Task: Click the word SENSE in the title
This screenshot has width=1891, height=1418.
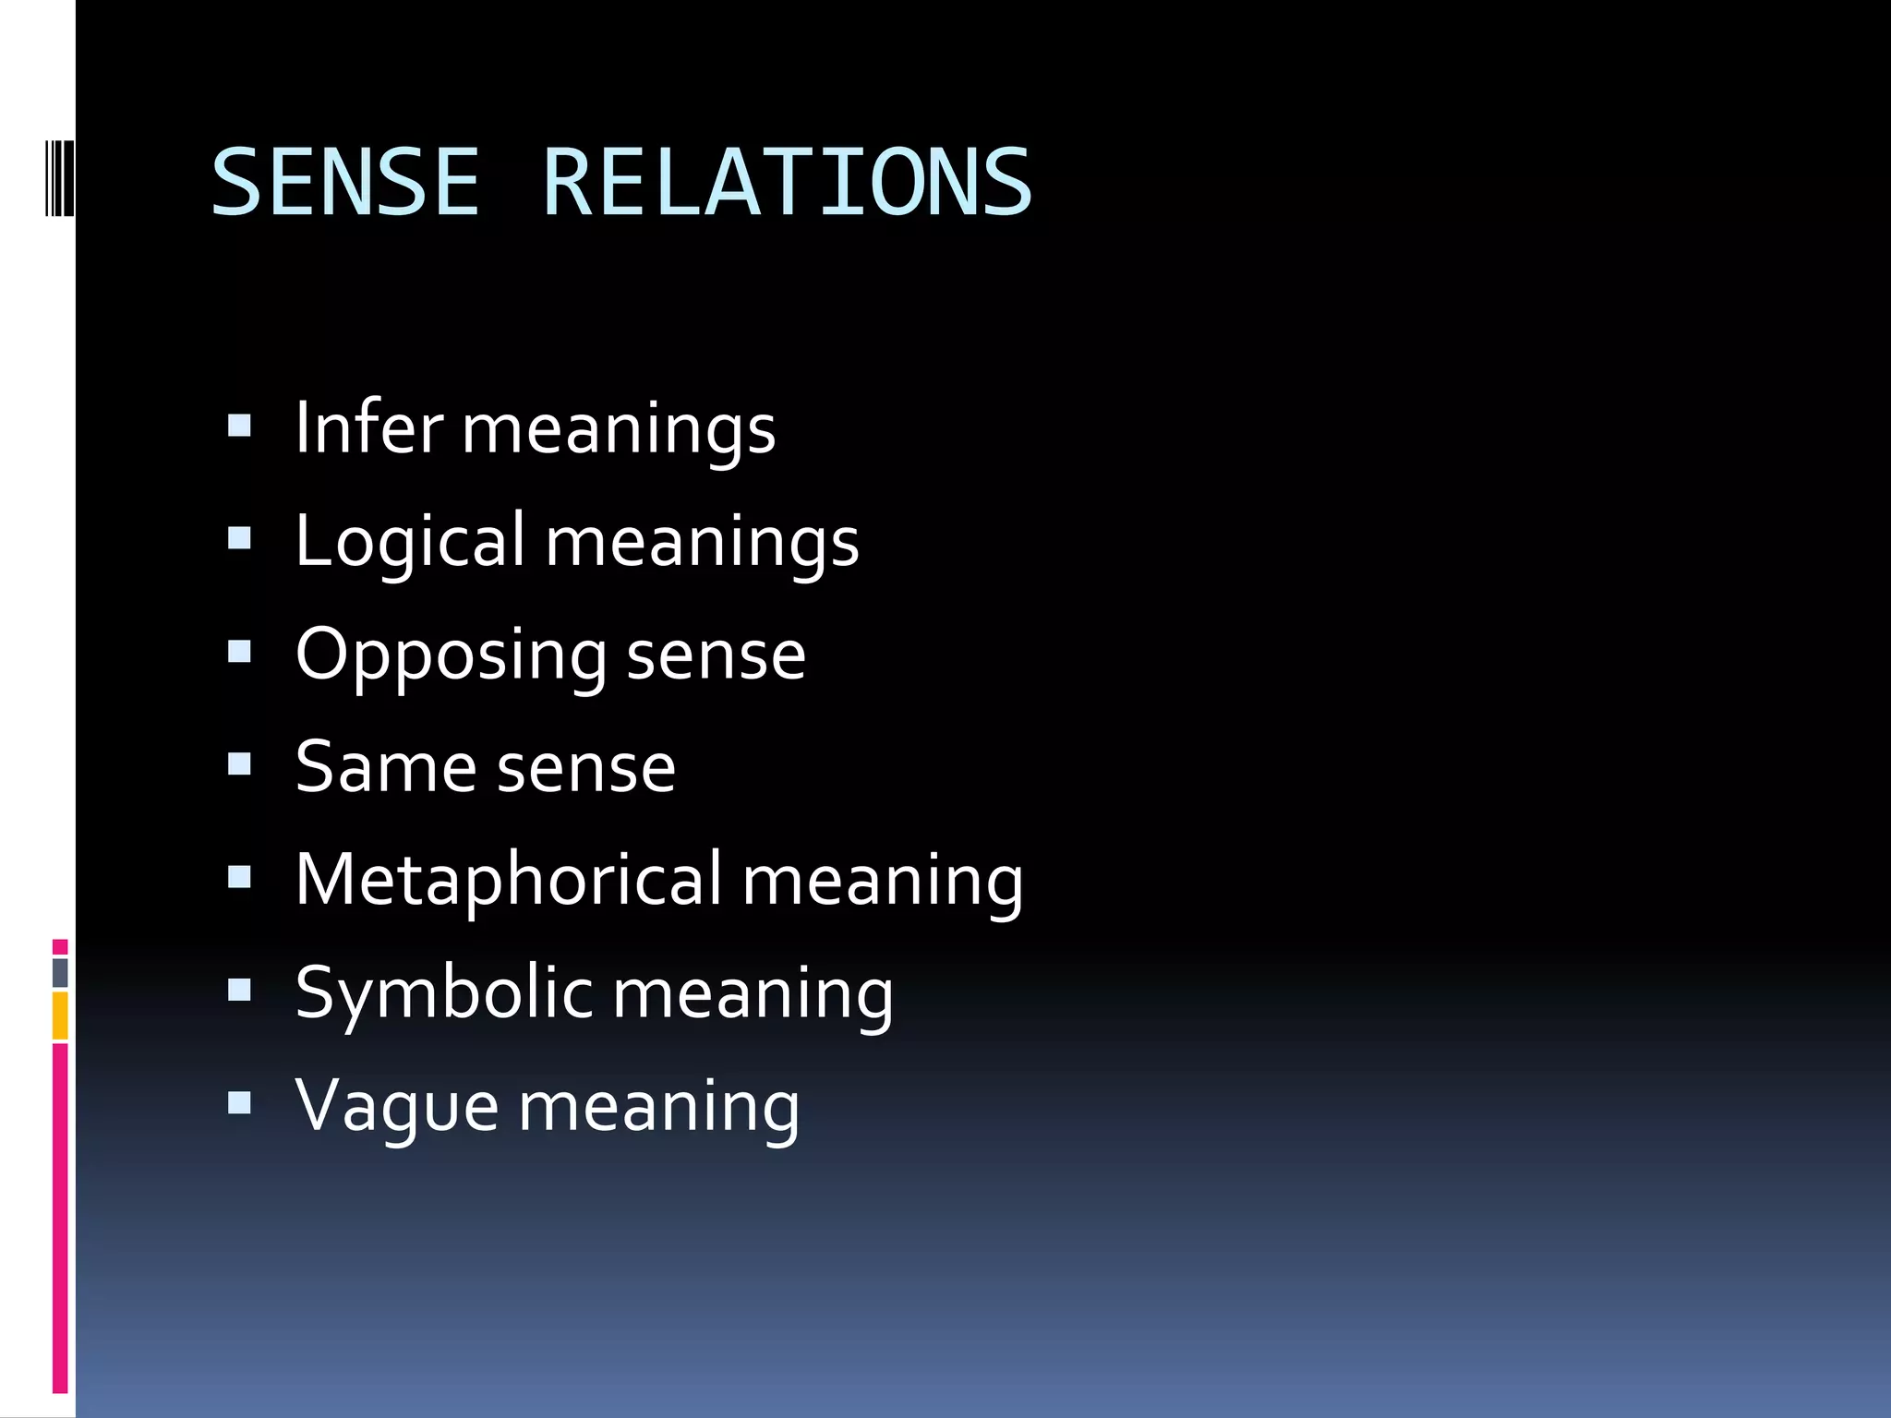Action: pos(345,183)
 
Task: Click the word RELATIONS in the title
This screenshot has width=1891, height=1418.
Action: pos(787,183)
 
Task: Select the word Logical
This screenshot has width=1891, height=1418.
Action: pos(410,542)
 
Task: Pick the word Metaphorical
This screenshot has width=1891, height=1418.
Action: pos(508,879)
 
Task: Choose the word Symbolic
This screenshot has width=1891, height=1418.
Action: pos(443,993)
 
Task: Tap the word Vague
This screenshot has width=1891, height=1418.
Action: pos(397,1106)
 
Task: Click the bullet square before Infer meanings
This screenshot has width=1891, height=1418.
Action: pos(239,426)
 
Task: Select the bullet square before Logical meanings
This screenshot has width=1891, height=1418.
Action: pos(239,538)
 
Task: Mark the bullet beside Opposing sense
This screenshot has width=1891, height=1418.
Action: pos(239,652)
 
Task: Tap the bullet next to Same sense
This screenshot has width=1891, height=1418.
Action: pos(239,764)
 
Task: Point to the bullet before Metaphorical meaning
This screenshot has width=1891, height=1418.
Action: pos(239,877)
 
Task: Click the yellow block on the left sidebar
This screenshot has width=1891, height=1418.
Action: pos(60,1015)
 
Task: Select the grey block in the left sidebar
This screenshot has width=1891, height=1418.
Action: pos(60,972)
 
